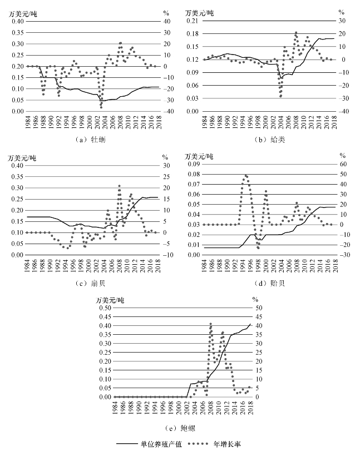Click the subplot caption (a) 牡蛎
tap(90, 140)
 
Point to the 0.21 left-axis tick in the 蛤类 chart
tap(193, 21)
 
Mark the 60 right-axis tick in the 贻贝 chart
tap(342, 165)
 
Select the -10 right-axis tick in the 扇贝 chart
tap(166, 255)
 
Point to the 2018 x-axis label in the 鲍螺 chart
tap(250, 408)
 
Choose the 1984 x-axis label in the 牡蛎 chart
tap(27, 122)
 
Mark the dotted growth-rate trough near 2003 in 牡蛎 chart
tap(101, 106)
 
